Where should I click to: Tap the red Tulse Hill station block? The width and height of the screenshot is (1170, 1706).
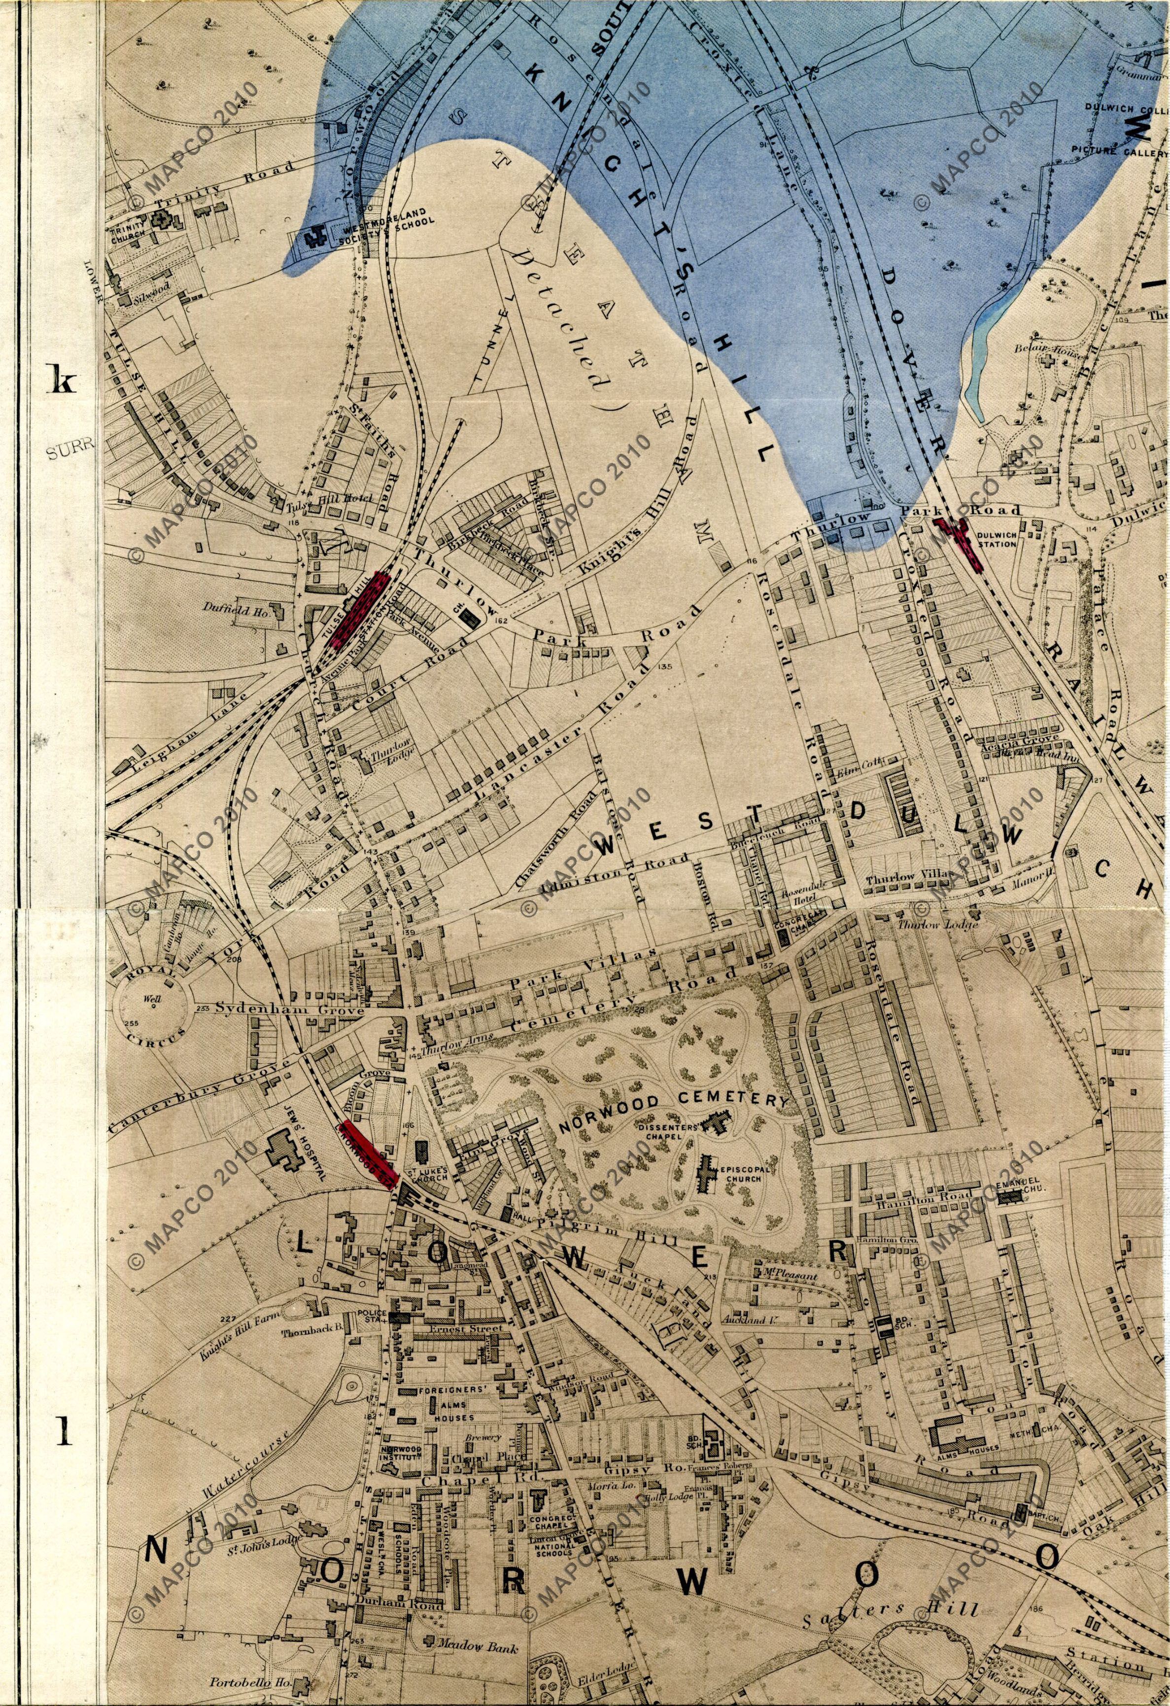click(360, 609)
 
